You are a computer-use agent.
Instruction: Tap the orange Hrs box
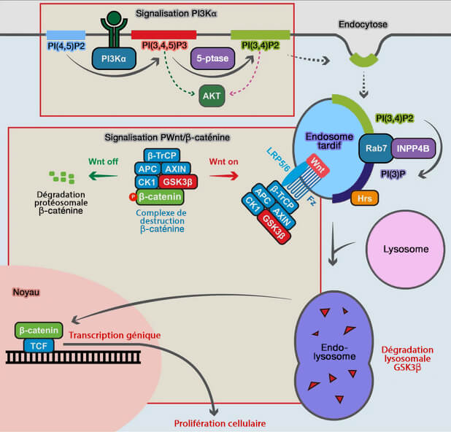362,198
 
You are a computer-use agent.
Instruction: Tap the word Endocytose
363,24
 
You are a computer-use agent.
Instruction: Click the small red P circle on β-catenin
133,196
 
